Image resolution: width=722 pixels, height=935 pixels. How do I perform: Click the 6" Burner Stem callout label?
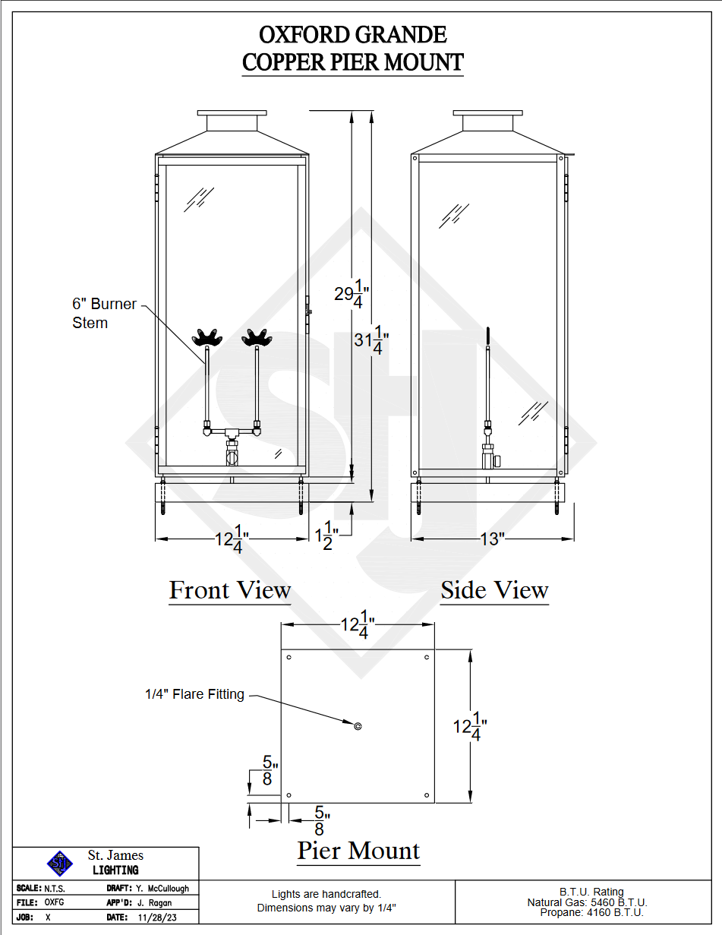(104, 313)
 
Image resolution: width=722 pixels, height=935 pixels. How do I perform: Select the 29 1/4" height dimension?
(352, 295)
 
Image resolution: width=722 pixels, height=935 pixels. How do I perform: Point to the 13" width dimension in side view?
(492, 539)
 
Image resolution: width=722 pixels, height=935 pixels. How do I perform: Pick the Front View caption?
(230, 590)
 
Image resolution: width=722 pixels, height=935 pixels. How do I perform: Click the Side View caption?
(494, 590)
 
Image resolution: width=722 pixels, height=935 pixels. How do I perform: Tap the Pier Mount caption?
(358, 851)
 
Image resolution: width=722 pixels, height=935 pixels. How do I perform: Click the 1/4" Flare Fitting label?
(194, 694)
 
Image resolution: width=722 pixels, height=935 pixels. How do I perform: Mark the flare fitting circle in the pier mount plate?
(358, 726)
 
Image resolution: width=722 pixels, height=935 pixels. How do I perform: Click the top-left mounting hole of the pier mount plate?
(289, 656)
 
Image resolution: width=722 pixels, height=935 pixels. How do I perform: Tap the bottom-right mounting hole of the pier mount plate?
(427, 795)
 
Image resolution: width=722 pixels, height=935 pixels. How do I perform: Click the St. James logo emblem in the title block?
(59, 863)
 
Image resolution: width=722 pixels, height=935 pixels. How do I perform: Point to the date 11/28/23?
(154, 918)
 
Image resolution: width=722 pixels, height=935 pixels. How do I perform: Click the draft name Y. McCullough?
(162, 888)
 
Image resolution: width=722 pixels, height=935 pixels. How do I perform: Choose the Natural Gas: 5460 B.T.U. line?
(588, 902)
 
